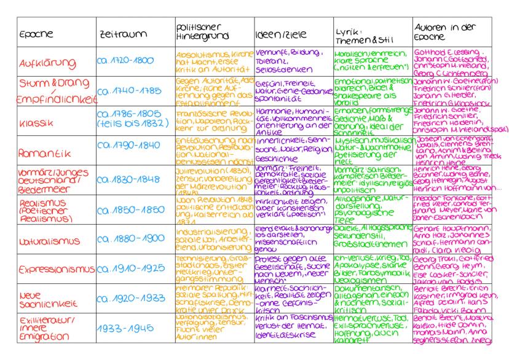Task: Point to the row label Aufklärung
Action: point(39,62)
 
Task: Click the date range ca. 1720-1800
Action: point(125,62)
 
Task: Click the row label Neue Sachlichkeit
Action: point(44,299)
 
